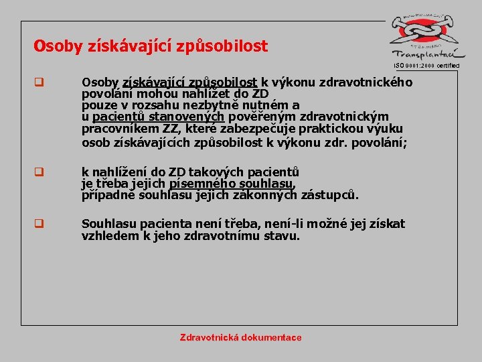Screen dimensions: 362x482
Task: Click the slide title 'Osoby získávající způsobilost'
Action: click(151, 46)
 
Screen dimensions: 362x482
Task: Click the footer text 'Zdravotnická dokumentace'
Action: click(241, 337)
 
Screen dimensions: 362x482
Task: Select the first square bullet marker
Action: click(39, 84)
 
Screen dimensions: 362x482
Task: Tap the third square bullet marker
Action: click(39, 225)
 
